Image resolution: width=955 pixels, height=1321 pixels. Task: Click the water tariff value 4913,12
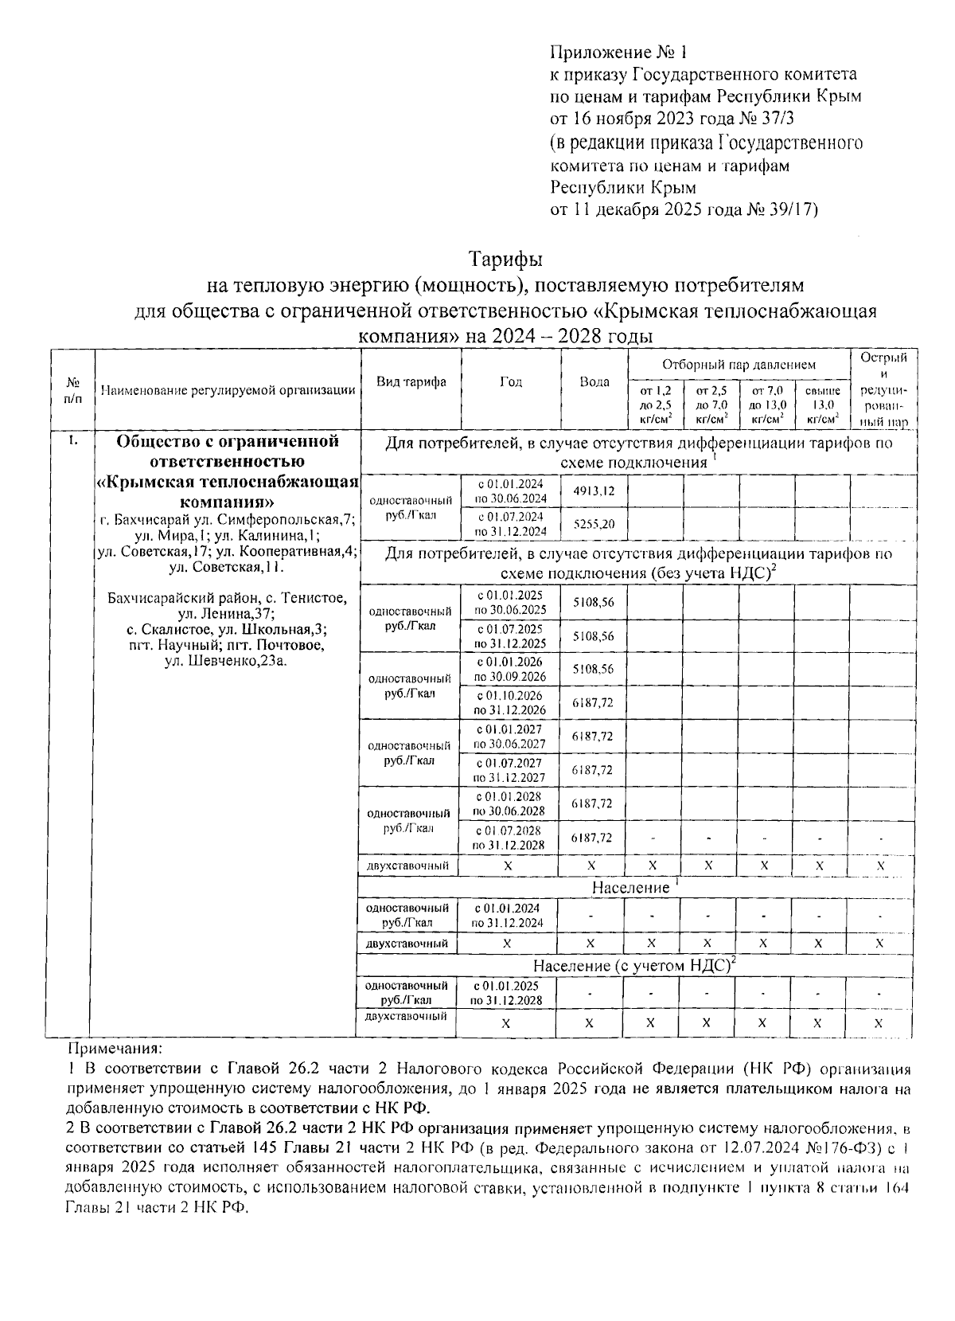pyautogui.click(x=594, y=491)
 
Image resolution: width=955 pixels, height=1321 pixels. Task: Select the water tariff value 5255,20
pyautogui.click(x=594, y=525)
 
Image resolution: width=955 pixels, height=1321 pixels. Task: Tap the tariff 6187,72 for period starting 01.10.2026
pyautogui.click(x=593, y=703)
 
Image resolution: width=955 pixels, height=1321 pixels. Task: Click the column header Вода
pyautogui.click(x=594, y=382)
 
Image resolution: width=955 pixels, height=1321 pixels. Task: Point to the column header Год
pyautogui.click(x=511, y=382)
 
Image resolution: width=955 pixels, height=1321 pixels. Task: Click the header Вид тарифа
pyautogui.click(x=411, y=382)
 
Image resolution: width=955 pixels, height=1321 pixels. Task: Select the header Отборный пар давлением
pyautogui.click(x=739, y=365)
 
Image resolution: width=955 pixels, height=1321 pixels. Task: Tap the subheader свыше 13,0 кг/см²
pyautogui.click(x=822, y=405)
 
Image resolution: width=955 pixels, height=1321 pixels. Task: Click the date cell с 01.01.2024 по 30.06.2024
pyautogui.click(x=511, y=491)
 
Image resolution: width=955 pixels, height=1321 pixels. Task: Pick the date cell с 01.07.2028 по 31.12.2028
pyautogui.click(x=510, y=838)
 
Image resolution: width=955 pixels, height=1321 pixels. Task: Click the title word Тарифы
pyautogui.click(x=505, y=260)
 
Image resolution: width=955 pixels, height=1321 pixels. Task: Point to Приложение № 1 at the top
pyautogui.click(x=618, y=53)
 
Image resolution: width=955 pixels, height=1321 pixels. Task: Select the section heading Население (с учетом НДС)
pyautogui.click(x=633, y=965)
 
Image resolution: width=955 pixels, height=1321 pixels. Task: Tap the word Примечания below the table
pyautogui.click(x=115, y=1049)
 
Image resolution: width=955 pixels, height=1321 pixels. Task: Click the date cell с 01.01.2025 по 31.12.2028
pyautogui.click(x=507, y=993)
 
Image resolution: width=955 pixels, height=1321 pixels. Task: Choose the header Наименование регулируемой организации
pyautogui.click(x=228, y=390)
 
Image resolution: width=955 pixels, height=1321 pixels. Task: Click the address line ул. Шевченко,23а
pyautogui.click(x=227, y=660)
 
